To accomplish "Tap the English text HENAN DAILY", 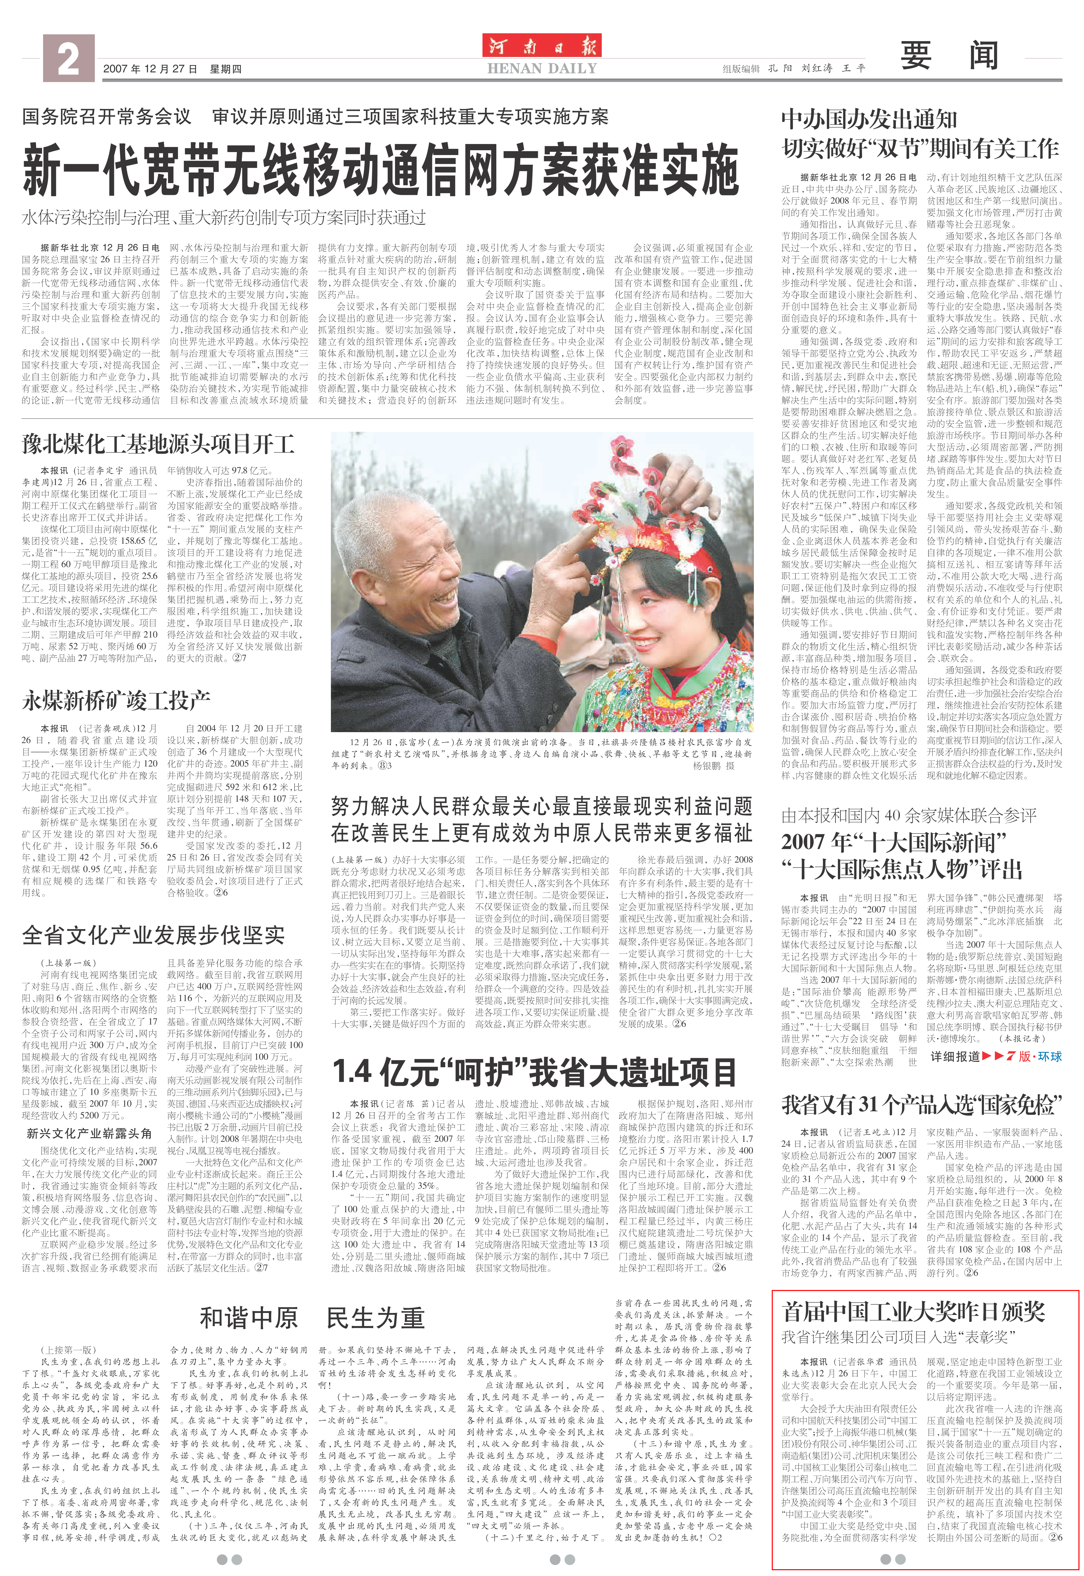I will [x=542, y=69].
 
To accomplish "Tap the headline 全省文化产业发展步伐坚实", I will [x=154, y=935].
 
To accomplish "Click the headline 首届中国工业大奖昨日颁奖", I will [x=914, y=1311].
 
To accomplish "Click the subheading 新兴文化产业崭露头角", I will [x=89, y=1133].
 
